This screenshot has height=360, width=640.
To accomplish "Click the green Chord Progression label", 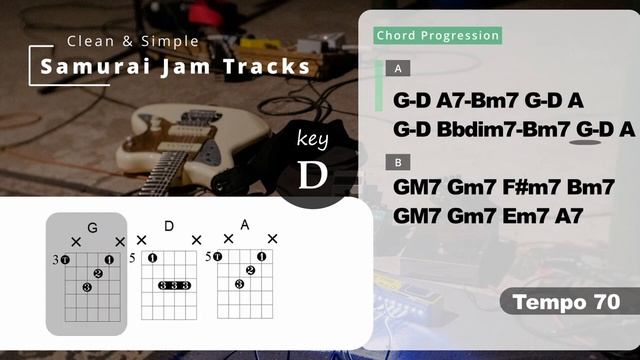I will [438, 36].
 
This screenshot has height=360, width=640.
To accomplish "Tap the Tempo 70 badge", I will [566, 301].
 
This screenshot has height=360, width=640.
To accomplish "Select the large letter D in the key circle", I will [313, 175].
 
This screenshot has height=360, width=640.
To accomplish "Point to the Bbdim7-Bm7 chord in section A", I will [506, 129].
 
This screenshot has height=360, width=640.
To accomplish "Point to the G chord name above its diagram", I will [92, 228].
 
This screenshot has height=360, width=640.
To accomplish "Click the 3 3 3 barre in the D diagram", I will [175, 285].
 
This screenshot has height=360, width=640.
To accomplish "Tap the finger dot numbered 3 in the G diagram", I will [87, 288].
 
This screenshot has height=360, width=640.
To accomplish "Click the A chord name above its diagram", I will [244, 224].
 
